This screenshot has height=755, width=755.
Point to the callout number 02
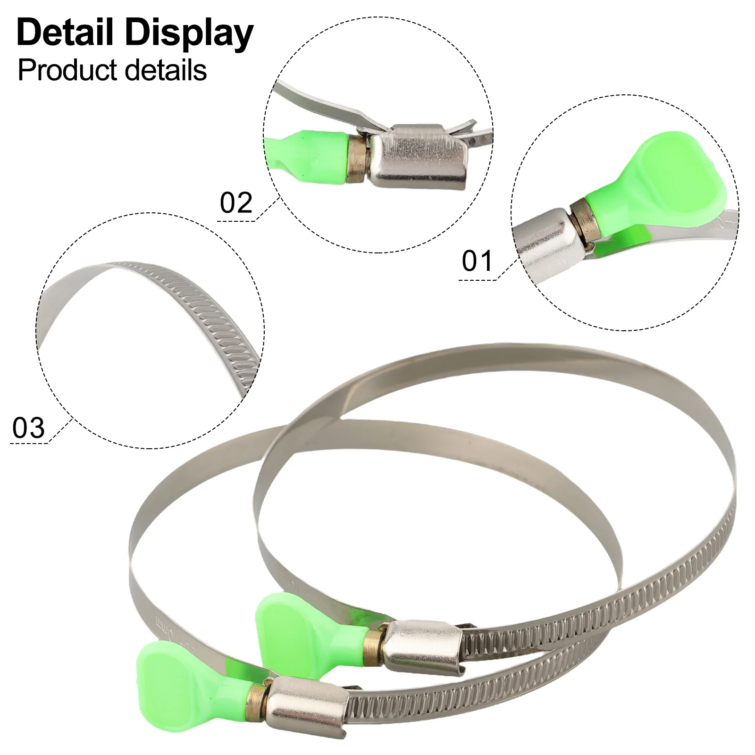click(236, 203)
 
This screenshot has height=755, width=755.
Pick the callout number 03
click(29, 428)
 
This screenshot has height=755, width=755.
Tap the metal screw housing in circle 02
click(419, 156)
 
